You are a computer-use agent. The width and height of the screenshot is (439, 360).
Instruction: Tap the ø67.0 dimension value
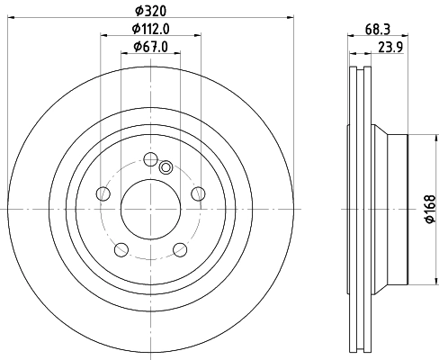tap(150, 47)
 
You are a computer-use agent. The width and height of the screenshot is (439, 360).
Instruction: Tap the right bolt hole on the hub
tap(199, 193)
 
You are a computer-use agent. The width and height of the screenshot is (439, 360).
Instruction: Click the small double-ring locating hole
tap(166, 166)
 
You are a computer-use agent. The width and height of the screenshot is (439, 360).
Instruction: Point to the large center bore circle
tap(150, 209)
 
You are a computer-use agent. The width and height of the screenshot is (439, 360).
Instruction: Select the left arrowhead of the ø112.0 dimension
tap(101, 36)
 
